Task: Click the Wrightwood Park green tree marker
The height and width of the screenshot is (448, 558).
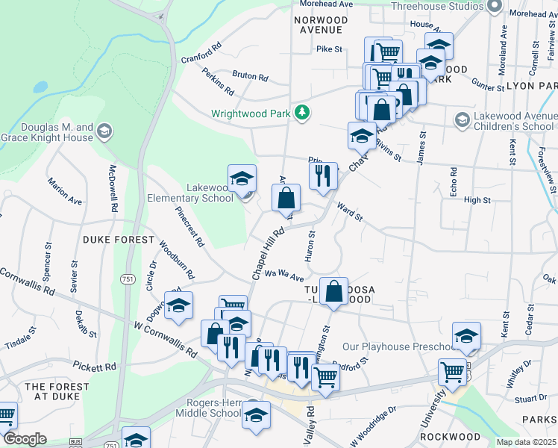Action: pos(302,113)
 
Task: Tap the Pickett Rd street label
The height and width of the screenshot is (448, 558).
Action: pos(95,367)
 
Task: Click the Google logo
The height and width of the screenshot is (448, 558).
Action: pos(25,439)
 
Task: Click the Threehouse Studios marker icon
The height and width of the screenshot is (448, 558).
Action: pos(493,6)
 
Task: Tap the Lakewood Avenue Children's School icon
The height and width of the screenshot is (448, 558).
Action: pos(462,119)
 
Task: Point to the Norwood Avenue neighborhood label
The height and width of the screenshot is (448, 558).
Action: pos(319,25)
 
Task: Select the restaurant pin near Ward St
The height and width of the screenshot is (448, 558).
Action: pos(323,175)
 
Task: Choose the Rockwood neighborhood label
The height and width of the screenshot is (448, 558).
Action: pos(450,436)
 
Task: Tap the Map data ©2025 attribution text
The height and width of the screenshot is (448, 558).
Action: pos(526,442)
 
